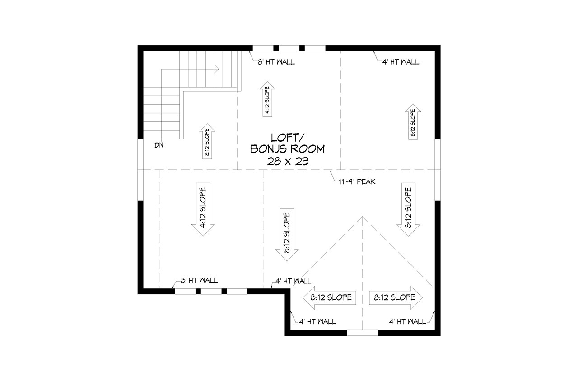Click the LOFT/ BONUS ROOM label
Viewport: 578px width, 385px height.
point(287,143)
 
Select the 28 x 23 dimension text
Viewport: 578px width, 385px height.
point(287,161)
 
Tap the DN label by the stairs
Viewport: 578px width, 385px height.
point(158,145)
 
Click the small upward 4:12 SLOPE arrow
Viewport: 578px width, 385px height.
point(267,100)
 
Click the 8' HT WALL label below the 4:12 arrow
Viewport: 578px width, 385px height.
point(199,280)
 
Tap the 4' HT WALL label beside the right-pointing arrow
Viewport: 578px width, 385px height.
point(407,321)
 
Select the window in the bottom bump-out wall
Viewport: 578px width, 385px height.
point(362,333)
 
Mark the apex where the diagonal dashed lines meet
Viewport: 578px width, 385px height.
point(363,217)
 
